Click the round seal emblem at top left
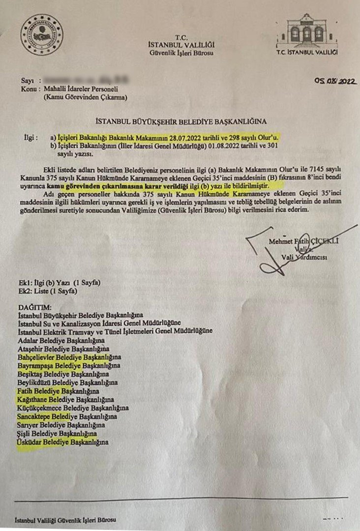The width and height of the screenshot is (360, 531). coord(42,35)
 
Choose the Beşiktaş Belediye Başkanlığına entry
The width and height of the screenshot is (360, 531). coord(62,374)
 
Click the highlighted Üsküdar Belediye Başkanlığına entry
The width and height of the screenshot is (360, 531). coord(62,442)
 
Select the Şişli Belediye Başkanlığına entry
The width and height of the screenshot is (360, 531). coord(57,434)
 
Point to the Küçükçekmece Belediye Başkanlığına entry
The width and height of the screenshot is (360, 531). coord(73,408)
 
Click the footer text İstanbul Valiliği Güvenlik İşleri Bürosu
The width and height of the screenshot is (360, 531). coord(66,520)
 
